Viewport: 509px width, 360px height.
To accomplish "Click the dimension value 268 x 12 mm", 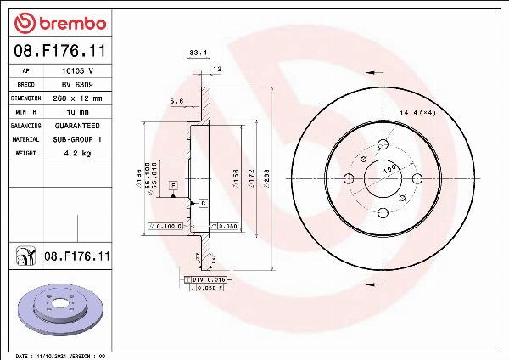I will [79, 98].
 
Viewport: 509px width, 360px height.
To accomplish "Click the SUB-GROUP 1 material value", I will [78, 139].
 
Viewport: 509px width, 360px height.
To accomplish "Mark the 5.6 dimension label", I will [177, 101].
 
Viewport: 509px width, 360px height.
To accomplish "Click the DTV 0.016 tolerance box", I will [206, 278].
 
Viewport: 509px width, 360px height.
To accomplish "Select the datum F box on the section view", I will [172, 184].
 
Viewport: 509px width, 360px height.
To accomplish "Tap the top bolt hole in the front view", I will [381, 144].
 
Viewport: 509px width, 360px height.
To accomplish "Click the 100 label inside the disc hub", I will [389, 170].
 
